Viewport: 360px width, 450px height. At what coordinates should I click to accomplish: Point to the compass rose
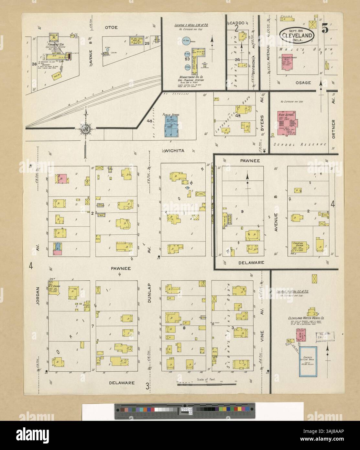[x=85, y=129]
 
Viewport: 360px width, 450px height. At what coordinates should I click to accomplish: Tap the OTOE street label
[x=110, y=27]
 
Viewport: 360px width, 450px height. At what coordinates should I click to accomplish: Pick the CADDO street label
[x=238, y=23]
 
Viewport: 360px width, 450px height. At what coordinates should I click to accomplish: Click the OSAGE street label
[x=303, y=83]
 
